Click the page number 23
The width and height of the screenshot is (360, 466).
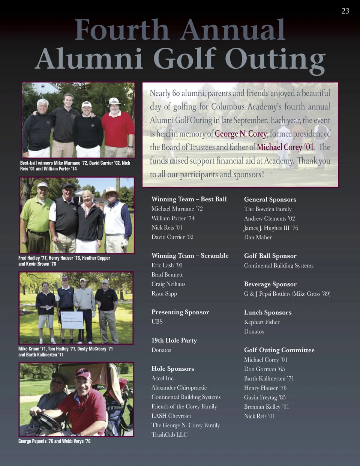pyautogui.click(x=345, y=11)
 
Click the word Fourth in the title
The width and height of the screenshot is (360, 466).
pyautogui.click(x=122, y=30)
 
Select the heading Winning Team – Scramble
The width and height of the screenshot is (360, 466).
pyautogui.click(x=190, y=256)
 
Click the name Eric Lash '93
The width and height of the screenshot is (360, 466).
pyautogui.click(x=167, y=265)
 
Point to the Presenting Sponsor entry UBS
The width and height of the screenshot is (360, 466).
pyautogui.click(x=157, y=322)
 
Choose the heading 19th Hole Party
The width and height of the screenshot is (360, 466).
pyautogui.click(x=174, y=340)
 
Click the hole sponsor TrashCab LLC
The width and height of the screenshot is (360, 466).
pyautogui.click(x=169, y=434)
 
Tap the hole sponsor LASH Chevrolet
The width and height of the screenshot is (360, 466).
pyautogui.click(x=171, y=416)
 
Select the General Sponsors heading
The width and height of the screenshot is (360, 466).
pyautogui.click(x=270, y=199)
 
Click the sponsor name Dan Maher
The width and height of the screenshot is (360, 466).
pyautogui.click(x=258, y=237)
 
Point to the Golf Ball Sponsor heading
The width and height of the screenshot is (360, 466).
pyautogui.click(x=270, y=256)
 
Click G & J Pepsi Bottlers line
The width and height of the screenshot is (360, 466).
pyautogui.click(x=287, y=294)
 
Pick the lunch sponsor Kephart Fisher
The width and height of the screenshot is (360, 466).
pyautogui.click(x=262, y=322)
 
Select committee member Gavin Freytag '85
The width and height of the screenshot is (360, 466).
pyautogui.click(x=265, y=397)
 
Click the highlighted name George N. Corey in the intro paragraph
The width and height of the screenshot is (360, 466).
pyautogui.click(x=241, y=134)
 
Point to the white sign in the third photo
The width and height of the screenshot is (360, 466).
pyautogui.click(x=72, y=320)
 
